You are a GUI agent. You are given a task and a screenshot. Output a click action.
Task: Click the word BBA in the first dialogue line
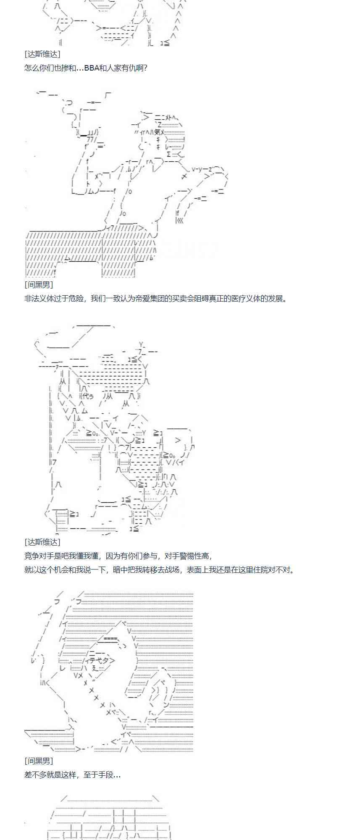click(91, 68)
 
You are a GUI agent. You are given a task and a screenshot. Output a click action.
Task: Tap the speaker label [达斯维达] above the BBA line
click(42, 54)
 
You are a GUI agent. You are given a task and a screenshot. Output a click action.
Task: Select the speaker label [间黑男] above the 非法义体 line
click(39, 285)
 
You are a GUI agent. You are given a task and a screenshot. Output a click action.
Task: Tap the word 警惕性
click(190, 556)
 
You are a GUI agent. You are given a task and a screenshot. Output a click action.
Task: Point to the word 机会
click(65, 570)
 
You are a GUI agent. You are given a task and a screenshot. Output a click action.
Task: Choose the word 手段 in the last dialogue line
click(105, 775)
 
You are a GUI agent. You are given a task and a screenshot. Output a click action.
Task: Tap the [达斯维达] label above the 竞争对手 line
click(42, 542)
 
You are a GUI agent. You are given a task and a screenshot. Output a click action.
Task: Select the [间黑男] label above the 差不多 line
click(39, 761)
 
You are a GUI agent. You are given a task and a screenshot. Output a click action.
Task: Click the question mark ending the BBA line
click(145, 68)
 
